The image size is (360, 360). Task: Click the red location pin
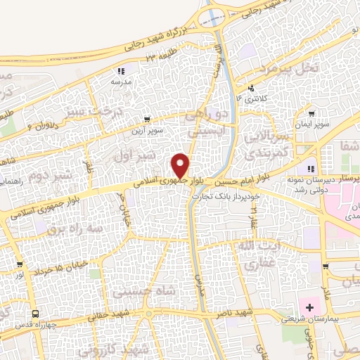[181, 165]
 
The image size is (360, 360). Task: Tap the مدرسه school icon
[121, 71]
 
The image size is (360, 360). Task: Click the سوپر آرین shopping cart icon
[146, 120]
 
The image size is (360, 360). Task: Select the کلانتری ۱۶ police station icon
[251, 89]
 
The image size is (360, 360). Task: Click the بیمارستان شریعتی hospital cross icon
[309, 308]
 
